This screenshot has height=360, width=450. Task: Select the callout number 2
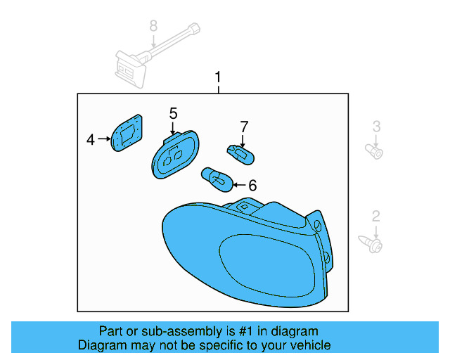point(376,216)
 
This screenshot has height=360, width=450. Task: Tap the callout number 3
point(376,127)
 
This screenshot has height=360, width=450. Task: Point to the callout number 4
point(91,141)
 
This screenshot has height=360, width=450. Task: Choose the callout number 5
point(173,112)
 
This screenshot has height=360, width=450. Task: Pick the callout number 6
point(252,186)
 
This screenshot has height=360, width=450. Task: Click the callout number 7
point(244,127)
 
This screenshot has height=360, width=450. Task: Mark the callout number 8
point(153,26)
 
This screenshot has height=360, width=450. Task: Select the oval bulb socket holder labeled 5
point(175,155)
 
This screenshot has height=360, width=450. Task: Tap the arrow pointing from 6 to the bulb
point(237,186)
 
